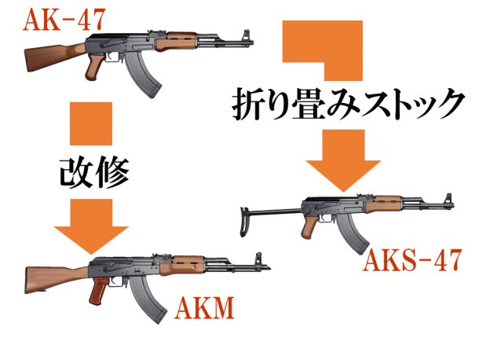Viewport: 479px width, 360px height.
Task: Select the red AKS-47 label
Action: click(410, 259)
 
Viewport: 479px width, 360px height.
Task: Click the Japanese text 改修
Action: click(92, 169)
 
